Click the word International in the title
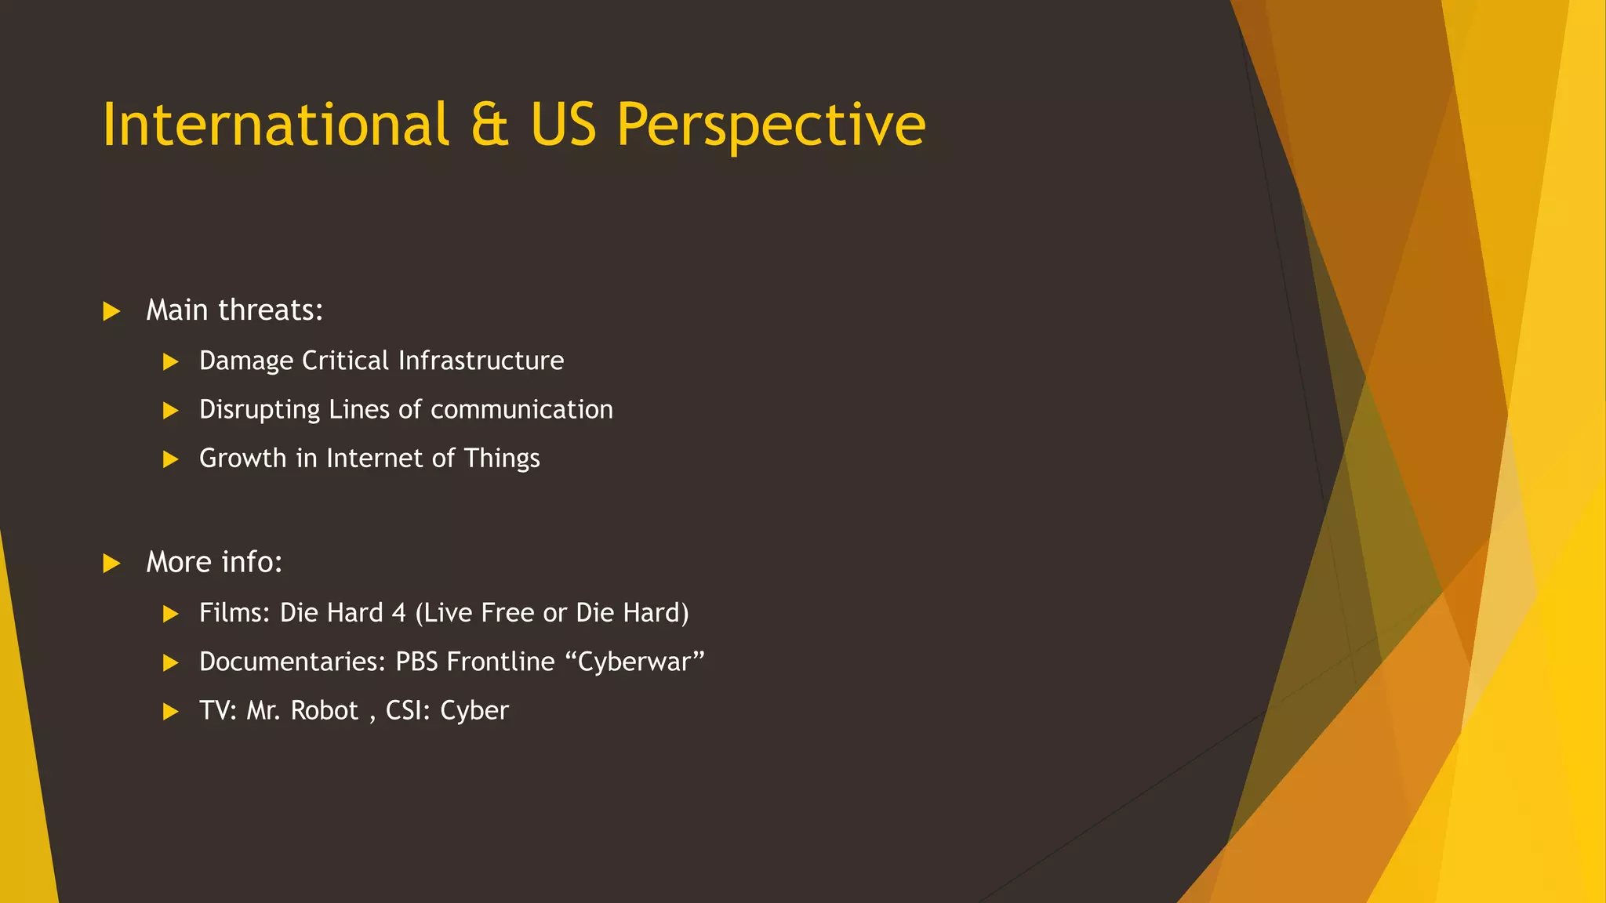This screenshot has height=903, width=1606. pyautogui.click(x=275, y=125)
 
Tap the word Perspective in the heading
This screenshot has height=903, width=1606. pyautogui.click(x=771, y=125)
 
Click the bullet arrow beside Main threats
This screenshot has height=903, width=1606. pyautogui.click(x=111, y=311)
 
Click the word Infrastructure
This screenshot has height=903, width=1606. pyautogui.click(x=481, y=361)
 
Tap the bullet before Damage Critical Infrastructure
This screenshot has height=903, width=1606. pyautogui.click(x=170, y=361)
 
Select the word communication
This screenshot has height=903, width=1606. pyautogui.click(x=521, y=409)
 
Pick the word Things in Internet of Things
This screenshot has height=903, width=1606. pyautogui.click(x=502, y=458)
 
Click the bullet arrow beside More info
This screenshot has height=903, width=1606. pyautogui.click(x=111, y=563)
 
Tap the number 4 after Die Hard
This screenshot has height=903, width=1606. pyautogui.click(x=398, y=613)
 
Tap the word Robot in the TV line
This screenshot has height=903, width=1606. pyautogui.click(x=324, y=710)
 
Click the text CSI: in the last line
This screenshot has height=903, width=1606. pyautogui.click(x=408, y=710)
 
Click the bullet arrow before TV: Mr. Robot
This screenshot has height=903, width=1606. pyautogui.click(x=170, y=712)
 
